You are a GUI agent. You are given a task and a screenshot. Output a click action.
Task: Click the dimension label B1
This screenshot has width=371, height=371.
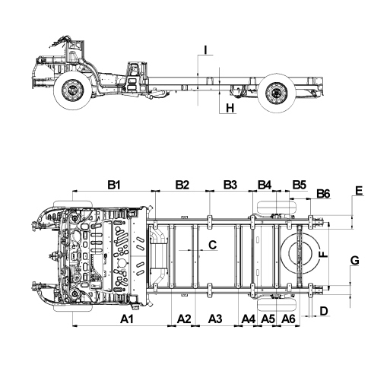pyautogui.click(x=113, y=185)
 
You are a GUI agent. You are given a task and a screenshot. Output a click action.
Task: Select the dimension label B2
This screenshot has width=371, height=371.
pyautogui.click(x=182, y=185)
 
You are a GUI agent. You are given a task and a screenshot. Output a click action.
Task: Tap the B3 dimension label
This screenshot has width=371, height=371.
pyautogui.click(x=230, y=185)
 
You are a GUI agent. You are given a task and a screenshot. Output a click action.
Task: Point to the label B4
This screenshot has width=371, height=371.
pyautogui.click(x=265, y=185)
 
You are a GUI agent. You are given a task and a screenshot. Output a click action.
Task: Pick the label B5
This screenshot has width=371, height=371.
pyautogui.click(x=300, y=185)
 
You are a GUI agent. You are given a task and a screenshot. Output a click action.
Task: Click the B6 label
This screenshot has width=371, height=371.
pyautogui.click(x=323, y=194)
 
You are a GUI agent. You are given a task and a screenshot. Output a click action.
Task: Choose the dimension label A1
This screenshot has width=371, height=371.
pyautogui.click(x=127, y=319)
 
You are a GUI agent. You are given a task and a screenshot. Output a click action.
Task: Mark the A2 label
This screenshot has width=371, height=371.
pyautogui.click(x=184, y=319)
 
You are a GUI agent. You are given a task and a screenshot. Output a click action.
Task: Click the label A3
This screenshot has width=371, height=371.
pyautogui.click(x=215, y=319)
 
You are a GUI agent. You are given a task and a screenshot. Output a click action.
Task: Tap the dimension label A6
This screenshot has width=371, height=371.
pyautogui.click(x=288, y=319)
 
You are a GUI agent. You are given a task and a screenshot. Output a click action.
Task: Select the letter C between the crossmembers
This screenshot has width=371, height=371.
pyautogui.click(x=212, y=245)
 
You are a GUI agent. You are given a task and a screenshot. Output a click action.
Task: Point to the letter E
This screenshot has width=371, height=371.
pyautogui.click(x=359, y=191)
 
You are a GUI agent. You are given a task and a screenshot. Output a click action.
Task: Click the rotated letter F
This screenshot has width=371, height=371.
pyautogui.click(x=323, y=254)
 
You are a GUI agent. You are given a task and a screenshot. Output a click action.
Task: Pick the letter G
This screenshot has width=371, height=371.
pyautogui.click(x=355, y=261)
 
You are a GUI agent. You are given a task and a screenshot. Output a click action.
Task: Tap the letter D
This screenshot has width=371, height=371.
pyautogui.click(x=324, y=311)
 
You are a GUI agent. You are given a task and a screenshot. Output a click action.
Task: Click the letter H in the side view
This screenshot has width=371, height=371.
pyautogui.click(x=230, y=108)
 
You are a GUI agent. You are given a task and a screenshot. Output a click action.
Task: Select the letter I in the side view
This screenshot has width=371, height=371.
pyautogui.click(x=206, y=50)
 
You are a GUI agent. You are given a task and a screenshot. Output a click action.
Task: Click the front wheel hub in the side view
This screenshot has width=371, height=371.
pyautogui.click(x=72, y=90)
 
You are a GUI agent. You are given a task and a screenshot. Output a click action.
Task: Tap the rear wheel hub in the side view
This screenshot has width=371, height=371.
pyautogui.click(x=277, y=93)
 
